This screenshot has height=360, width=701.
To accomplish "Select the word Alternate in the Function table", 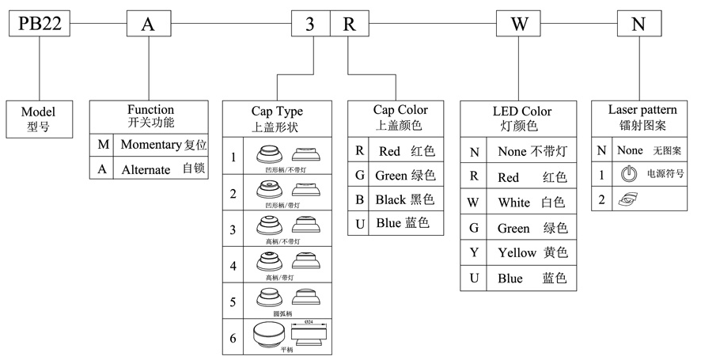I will [x=146, y=169].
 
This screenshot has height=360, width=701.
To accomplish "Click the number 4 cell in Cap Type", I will [x=233, y=265].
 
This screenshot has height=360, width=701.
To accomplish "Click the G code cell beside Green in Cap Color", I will [x=360, y=174].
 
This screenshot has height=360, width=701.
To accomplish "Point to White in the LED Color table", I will [x=514, y=203].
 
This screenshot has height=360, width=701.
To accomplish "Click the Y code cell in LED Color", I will [x=474, y=253].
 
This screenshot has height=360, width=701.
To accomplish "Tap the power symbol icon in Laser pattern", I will [x=627, y=174].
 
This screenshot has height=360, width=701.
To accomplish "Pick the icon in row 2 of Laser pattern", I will [x=629, y=199].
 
